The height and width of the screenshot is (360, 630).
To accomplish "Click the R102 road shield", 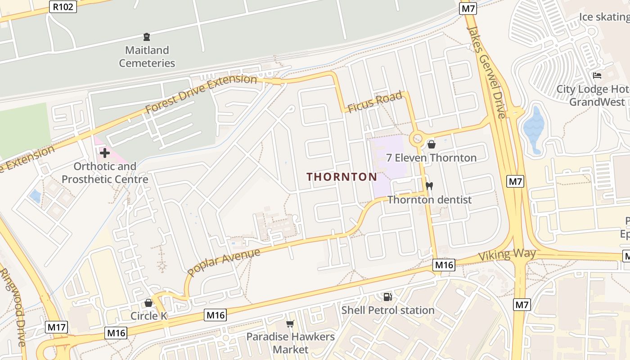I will [x=63, y=7].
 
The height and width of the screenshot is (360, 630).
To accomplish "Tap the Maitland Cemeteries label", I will [x=147, y=57].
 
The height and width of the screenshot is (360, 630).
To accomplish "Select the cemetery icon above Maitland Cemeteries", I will [x=147, y=36].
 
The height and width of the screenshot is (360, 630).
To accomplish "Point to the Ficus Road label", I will [x=374, y=103].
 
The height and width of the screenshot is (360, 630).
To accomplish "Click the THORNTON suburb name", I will [x=342, y=177].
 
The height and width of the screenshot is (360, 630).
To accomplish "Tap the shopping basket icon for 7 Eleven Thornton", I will [x=432, y=144].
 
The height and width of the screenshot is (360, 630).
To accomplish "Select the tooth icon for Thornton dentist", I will [x=429, y=186].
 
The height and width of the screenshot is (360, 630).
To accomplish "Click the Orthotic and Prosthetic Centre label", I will [x=105, y=173].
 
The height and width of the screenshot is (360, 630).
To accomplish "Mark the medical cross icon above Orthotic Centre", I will [x=105, y=153].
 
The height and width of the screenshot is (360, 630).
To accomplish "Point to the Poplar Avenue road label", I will [x=224, y=262].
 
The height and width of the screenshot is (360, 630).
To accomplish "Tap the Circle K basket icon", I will [x=148, y=303].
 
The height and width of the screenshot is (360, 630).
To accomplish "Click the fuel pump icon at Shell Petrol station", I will [x=387, y=297].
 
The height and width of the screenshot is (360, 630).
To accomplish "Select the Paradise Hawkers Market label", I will [x=290, y=343].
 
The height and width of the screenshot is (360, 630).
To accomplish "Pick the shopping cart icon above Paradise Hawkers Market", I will [x=290, y=324].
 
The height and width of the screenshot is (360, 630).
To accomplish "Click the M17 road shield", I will [x=57, y=327].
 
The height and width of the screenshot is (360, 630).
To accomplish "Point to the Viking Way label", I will [x=507, y=255].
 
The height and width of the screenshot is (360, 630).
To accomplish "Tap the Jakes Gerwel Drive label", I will [x=486, y=72].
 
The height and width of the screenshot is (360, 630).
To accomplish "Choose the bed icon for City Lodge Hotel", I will [x=597, y=75].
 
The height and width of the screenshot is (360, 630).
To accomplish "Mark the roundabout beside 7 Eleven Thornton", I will [x=417, y=138].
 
